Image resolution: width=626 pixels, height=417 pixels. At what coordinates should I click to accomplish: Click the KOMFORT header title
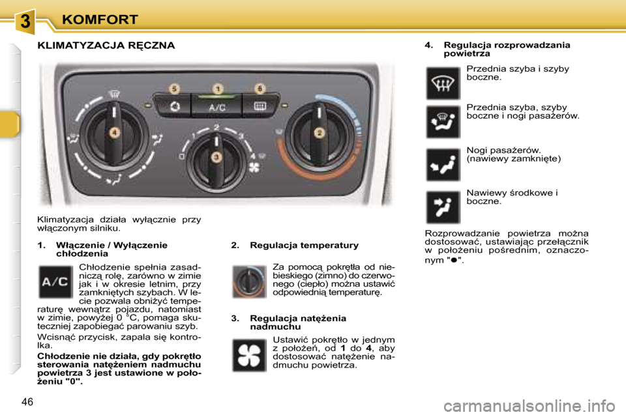coord(100,20)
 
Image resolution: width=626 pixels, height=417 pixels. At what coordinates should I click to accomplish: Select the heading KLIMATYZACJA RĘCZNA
coord(106,46)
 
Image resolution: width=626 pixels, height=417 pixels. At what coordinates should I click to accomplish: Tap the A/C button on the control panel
coord(217,106)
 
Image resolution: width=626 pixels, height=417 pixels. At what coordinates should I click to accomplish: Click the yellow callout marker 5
coord(173,88)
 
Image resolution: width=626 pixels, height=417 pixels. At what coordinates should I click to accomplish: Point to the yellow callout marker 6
coord(260,88)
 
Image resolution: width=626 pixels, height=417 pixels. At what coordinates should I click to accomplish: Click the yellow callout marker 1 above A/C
coord(217,88)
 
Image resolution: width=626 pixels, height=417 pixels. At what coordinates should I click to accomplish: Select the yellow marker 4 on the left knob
coord(115,132)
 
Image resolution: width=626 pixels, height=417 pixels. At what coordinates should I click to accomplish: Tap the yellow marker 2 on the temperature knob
coord(320,132)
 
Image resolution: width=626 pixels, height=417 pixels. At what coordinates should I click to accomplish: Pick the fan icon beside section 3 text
coord(249,355)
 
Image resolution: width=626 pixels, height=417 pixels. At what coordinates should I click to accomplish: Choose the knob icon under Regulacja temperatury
coord(249,281)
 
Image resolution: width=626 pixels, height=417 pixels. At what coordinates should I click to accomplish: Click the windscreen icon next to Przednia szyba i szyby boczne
coord(443,83)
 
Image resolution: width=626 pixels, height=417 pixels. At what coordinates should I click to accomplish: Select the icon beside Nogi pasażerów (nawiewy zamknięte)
coord(443,165)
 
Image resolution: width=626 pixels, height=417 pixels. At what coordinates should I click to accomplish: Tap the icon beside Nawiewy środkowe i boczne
coord(443,207)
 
